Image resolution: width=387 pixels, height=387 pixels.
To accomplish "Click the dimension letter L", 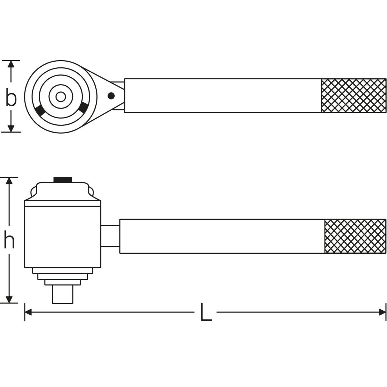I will tap(206, 312).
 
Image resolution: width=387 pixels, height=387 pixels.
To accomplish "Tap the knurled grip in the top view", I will tap(353, 96).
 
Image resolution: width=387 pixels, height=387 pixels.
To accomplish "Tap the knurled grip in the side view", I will tap(355, 236).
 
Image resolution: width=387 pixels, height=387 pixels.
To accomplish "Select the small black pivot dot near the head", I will tap(111, 96).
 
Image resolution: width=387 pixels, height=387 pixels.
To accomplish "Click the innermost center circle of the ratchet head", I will tap(61, 97).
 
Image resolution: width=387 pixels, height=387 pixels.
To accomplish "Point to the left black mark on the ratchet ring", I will tap(40, 111).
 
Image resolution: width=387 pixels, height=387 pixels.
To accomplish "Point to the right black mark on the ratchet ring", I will tap(84, 107).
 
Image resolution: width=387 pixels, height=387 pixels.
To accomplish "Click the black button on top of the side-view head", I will tap(62, 180).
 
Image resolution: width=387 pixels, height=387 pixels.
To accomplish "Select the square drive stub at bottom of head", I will tap(62, 294).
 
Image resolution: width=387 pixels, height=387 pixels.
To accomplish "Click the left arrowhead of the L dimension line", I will tap(28, 312).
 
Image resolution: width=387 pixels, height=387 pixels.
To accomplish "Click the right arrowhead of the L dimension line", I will tap(382, 312).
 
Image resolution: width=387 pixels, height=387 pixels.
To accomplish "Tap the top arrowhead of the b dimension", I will tap(11, 64).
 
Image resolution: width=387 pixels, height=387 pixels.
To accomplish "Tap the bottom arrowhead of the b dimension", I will tap(11, 128).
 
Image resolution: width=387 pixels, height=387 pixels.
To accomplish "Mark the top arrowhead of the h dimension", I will tap(9, 181).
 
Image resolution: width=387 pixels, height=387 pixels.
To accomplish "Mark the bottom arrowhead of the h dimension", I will tap(9, 299).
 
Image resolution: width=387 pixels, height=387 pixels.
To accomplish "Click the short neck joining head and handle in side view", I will tap(110, 236).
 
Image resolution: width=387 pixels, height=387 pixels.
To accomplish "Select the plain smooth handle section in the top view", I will tap(222, 96).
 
